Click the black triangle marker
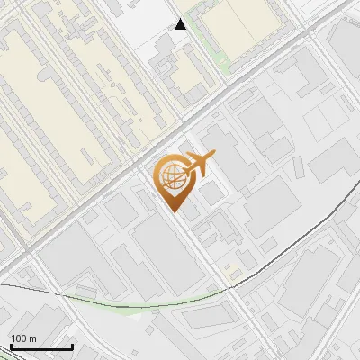pos(181,24)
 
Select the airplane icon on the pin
pos(197,164)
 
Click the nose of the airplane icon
pos(213,157)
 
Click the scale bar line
pos(41,347)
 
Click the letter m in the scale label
pos(32,338)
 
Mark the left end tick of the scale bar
pos(11,346)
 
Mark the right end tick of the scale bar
pos(72,346)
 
